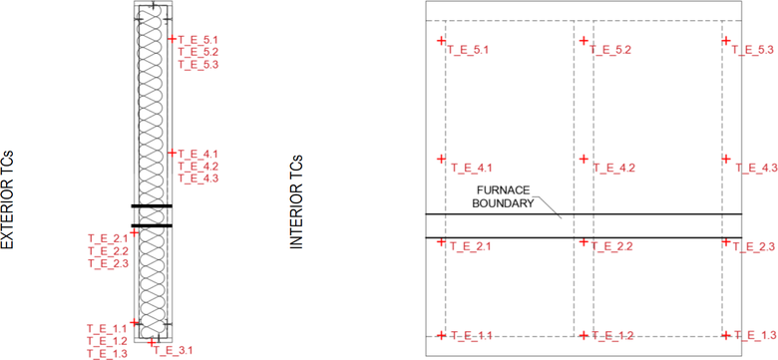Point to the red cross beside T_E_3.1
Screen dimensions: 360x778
click(x=153, y=342)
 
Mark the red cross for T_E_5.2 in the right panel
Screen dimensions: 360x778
click(x=584, y=42)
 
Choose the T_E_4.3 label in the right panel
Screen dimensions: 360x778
click(x=756, y=168)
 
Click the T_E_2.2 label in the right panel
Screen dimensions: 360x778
click(x=611, y=245)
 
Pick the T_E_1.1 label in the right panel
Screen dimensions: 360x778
click(x=471, y=336)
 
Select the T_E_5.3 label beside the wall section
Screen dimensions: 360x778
click(x=197, y=64)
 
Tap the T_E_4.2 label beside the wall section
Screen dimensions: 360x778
click(x=197, y=166)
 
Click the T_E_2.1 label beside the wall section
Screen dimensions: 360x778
click(x=108, y=238)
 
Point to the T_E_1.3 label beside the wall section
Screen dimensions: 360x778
click(x=107, y=353)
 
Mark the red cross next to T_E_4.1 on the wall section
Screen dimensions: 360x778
click(x=172, y=153)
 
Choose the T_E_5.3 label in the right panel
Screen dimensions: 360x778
click(x=754, y=50)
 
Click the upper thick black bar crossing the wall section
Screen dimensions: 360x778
click(x=151, y=206)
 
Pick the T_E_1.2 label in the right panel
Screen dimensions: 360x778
click(x=612, y=336)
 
